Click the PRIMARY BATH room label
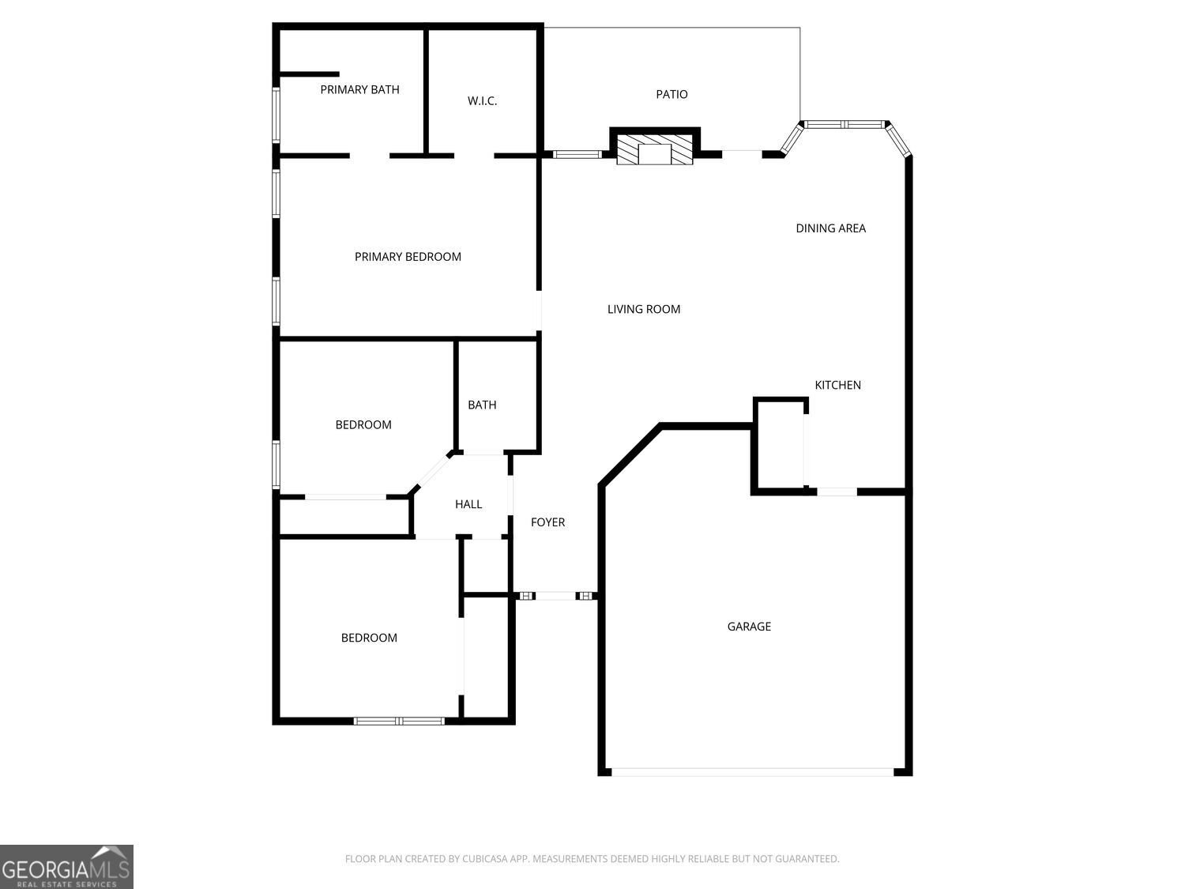[x=359, y=90]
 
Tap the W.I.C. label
[x=482, y=101]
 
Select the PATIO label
[x=671, y=95]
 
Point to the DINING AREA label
[x=830, y=228]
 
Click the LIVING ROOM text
[x=644, y=310]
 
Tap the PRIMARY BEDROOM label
[x=408, y=257]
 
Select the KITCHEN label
[x=837, y=385]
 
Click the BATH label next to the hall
[x=482, y=405]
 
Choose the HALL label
[x=468, y=504]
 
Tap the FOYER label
[x=547, y=522]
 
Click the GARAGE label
[x=749, y=627]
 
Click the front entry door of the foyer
[x=555, y=596]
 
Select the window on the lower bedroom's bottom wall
[x=399, y=721]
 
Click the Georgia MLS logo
[x=66, y=867]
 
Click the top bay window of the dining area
[x=843, y=124]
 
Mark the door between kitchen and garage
[x=837, y=492]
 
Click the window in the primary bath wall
[x=276, y=115]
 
